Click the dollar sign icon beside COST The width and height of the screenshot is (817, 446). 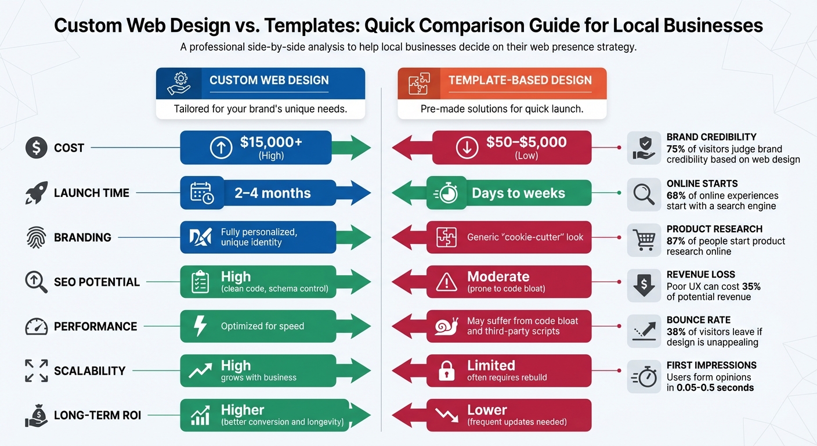[x=36, y=148]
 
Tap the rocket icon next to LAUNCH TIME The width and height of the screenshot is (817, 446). [x=36, y=193]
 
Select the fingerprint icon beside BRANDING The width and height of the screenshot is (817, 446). [x=36, y=238]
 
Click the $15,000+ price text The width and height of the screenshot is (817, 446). [x=271, y=142]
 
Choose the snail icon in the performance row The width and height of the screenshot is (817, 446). [x=446, y=326]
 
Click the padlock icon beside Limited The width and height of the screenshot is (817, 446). [x=446, y=371]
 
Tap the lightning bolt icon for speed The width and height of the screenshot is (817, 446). [x=200, y=326]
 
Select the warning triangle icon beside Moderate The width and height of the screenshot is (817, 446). [x=446, y=282]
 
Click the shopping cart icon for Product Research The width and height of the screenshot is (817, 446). [x=644, y=239]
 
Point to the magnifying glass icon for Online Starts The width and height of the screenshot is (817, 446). [x=644, y=194]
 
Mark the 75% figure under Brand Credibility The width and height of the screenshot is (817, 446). [x=677, y=149]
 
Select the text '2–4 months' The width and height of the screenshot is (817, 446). [x=272, y=193]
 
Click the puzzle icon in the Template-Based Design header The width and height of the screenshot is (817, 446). [x=419, y=84]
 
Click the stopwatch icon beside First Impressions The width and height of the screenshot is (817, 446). [x=644, y=376]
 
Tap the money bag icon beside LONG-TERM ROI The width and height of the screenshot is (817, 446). [x=36, y=416]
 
